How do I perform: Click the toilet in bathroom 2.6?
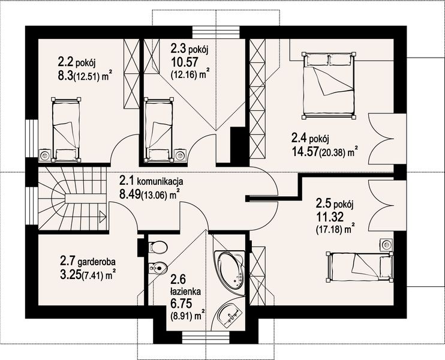point(158,247)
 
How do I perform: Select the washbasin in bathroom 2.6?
point(230,316)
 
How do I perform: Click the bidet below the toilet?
point(157,268)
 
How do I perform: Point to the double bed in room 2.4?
point(329,85)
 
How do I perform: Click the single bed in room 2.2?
point(66,130)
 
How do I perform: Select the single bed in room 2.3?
point(159,130)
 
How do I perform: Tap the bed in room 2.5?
point(360,266)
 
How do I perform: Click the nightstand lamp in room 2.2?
point(45,155)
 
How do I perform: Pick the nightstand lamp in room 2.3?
point(180,155)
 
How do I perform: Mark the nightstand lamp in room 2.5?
point(386,245)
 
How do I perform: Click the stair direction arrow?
point(103,217)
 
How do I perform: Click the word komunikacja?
point(160,181)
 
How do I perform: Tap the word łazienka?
point(185,291)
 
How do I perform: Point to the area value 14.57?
point(305,152)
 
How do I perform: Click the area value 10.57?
point(184,62)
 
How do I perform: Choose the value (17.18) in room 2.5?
point(329,230)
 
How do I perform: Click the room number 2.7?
point(67,260)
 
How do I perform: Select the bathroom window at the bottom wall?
point(206,338)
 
